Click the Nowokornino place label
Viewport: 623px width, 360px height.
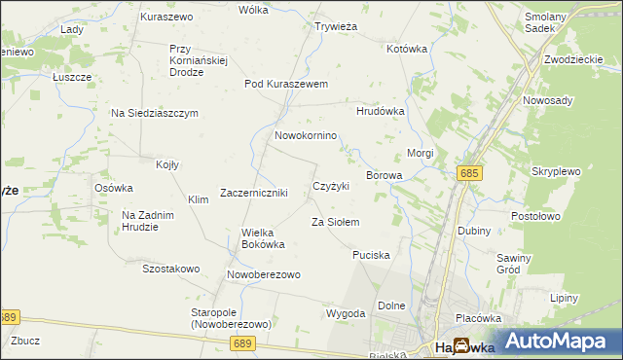(x=305, y=136)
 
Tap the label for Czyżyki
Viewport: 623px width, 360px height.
(x=331, y=186)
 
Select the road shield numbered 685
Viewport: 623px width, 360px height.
(x=469, y=173)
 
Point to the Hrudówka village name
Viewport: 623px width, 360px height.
(x=380, y=112)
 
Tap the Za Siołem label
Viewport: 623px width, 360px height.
(x=335, y=223)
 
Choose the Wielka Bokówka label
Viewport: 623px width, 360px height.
(x=263, y=238)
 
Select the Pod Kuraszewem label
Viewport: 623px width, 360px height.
(x=286, y=84)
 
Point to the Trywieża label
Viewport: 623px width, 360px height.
(x=336, y=27)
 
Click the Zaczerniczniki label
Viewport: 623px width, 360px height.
(x=254, y=193)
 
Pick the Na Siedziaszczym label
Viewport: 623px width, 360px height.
(x=155, y=113)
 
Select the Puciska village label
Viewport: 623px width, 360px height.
(x=371, y=255)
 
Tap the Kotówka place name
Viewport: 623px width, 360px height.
(x=408, y=49)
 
